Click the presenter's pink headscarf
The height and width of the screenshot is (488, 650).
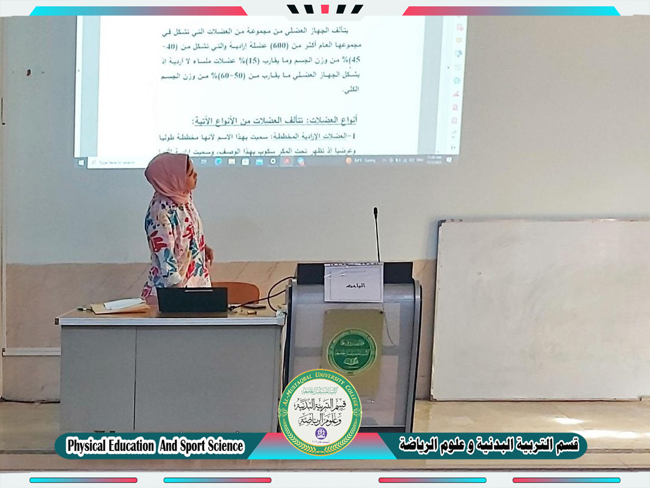pos(168,177)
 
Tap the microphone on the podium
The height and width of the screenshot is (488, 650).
pos(376,235)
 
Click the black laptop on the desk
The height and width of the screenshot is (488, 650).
pos(191,299)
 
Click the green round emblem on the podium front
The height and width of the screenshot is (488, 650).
pos(351,351)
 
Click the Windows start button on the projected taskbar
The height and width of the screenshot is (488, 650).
pos(81,161)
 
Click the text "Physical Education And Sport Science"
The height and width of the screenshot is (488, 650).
pos(155,446)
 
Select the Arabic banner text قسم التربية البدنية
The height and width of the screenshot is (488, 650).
pos(489,445)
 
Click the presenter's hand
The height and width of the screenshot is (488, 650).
pos(208,254)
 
